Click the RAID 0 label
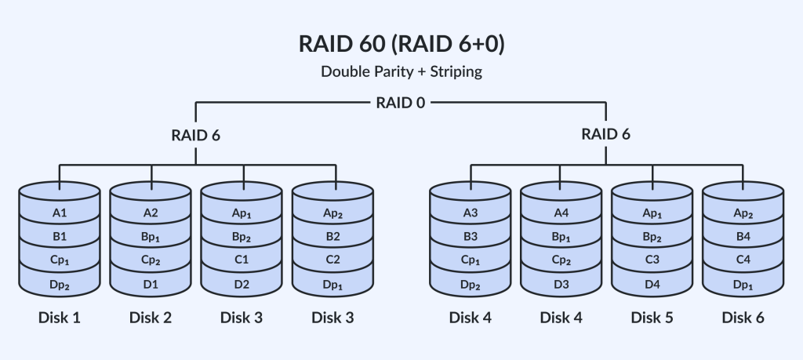point(401,101)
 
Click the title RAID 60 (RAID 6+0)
point(401,44)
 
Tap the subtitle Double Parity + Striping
point(401,71)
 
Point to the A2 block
point(151,212)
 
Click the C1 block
point(242,260)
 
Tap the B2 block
point(333,236)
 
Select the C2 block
point(333,260)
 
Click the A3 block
point(471,212)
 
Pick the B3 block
point(471,236)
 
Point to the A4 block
point(561,212)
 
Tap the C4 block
point(743,260)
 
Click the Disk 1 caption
point(60,318)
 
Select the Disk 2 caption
point(151,318)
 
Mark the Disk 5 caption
point(652,318)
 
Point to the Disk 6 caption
point(743,318)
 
